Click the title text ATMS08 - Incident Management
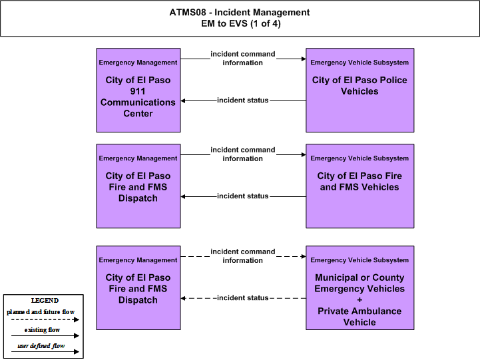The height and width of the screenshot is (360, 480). point(240,12)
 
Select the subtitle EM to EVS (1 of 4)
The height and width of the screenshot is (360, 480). point(241,23)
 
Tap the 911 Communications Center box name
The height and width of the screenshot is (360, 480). point(138,96)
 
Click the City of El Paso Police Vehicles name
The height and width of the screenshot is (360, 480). point(360,86)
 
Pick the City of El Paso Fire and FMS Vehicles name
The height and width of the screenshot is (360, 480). point(360,182)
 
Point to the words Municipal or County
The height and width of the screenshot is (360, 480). point(360,277)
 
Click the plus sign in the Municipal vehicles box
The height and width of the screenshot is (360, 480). point(360,299)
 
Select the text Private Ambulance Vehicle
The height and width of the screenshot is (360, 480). point(360,317)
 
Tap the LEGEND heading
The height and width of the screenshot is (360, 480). point(45,300)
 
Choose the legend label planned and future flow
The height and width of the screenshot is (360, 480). point(41,312)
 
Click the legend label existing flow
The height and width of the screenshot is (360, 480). point(42,329)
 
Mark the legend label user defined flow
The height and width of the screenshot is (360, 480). point(41,346)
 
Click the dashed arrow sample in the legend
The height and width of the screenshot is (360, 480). point(45,319)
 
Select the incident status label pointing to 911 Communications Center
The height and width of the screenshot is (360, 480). point(243,100)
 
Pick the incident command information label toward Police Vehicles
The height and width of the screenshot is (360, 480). point(243,58)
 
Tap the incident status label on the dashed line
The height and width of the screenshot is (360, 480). point(243,297)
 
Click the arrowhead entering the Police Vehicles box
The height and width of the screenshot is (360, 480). point(304,59)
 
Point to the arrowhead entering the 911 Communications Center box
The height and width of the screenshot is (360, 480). point(183,100)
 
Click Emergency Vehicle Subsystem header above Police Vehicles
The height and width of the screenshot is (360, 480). point(360,63)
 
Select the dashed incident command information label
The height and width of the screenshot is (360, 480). point(243,256)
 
